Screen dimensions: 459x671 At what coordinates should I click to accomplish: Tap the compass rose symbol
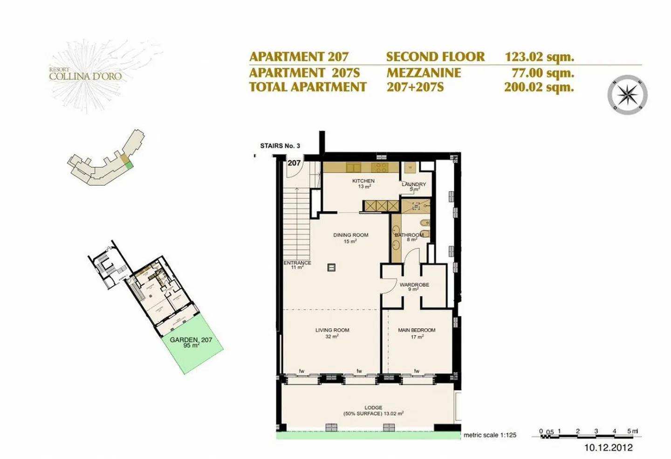click(x=627, y=94)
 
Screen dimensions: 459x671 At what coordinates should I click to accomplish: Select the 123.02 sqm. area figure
click(x=539, y=57)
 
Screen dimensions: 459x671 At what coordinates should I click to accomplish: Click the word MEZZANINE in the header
click(x=423, y=73)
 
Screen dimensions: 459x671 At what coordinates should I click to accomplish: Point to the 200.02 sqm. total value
click(x=539, y=87)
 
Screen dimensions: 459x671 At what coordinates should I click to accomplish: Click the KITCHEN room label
click(x=363, y=181)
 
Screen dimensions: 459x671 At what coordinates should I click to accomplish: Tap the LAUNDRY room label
click(x=414, y=185)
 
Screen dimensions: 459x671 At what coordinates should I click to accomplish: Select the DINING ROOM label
click(x=350, y=235)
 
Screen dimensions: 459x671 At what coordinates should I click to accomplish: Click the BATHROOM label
click(x=409, y=235)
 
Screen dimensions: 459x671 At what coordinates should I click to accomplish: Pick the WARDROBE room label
click(x=414, y=285)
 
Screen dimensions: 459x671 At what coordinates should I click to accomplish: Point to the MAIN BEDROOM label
click(x=417, y=330)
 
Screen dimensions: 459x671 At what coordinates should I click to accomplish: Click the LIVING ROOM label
click(x=332, y=330)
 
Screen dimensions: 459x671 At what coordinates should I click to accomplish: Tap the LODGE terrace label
click(x=373, y=408)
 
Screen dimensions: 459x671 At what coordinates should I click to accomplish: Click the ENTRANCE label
click(x=297, y=263)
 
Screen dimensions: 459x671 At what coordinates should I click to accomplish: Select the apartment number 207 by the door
click(x=294, y=163)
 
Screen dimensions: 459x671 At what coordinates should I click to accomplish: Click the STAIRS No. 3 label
click(x=280, y=146)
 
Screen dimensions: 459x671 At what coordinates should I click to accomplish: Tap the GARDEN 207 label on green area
click(x=191, y=340)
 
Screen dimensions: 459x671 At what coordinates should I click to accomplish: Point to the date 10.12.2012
click(x=609, y=447)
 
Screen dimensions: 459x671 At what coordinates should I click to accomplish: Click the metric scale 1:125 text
click(x=490, y=435)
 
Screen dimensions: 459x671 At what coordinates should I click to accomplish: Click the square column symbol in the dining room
click(x=331, y=267)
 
